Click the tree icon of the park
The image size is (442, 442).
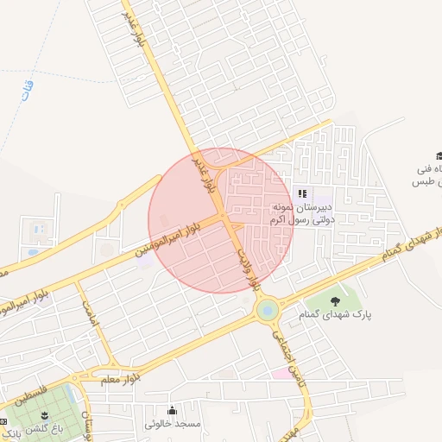point(335,301)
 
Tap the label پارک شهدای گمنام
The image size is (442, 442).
point(336,316)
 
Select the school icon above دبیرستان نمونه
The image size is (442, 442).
point(302,193)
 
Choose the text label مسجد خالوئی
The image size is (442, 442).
point(173,425)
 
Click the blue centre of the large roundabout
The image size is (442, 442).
point(267,308)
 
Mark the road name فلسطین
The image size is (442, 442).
point(33,396)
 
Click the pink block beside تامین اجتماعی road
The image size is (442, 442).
point(281,373)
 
